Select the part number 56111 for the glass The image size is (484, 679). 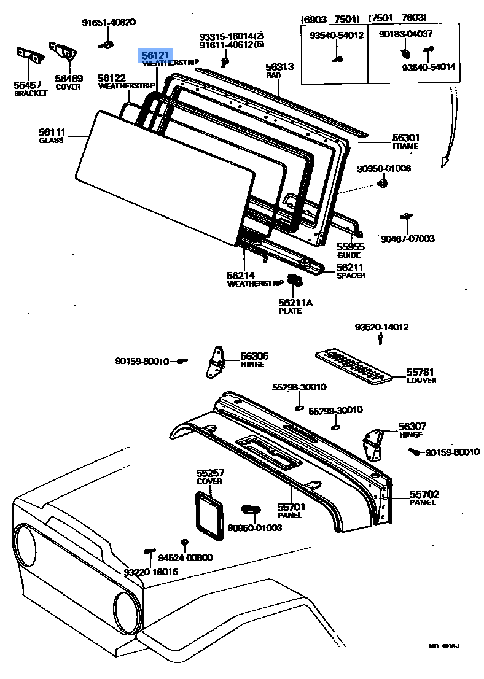[51, 132]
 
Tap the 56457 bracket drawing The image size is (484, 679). [29, 55]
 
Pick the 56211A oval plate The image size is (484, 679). [295, 281]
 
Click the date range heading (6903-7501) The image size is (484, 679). [329, 18]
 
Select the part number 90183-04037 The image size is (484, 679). [405, 34]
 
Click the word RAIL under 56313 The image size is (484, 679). [273, 75]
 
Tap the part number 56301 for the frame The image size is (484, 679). [405, 138]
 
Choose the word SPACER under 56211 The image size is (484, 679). [351, 276]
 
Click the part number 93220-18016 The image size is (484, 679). [151, 572]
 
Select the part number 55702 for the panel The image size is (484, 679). [424, 494]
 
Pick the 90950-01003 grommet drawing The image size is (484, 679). [251, 509]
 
